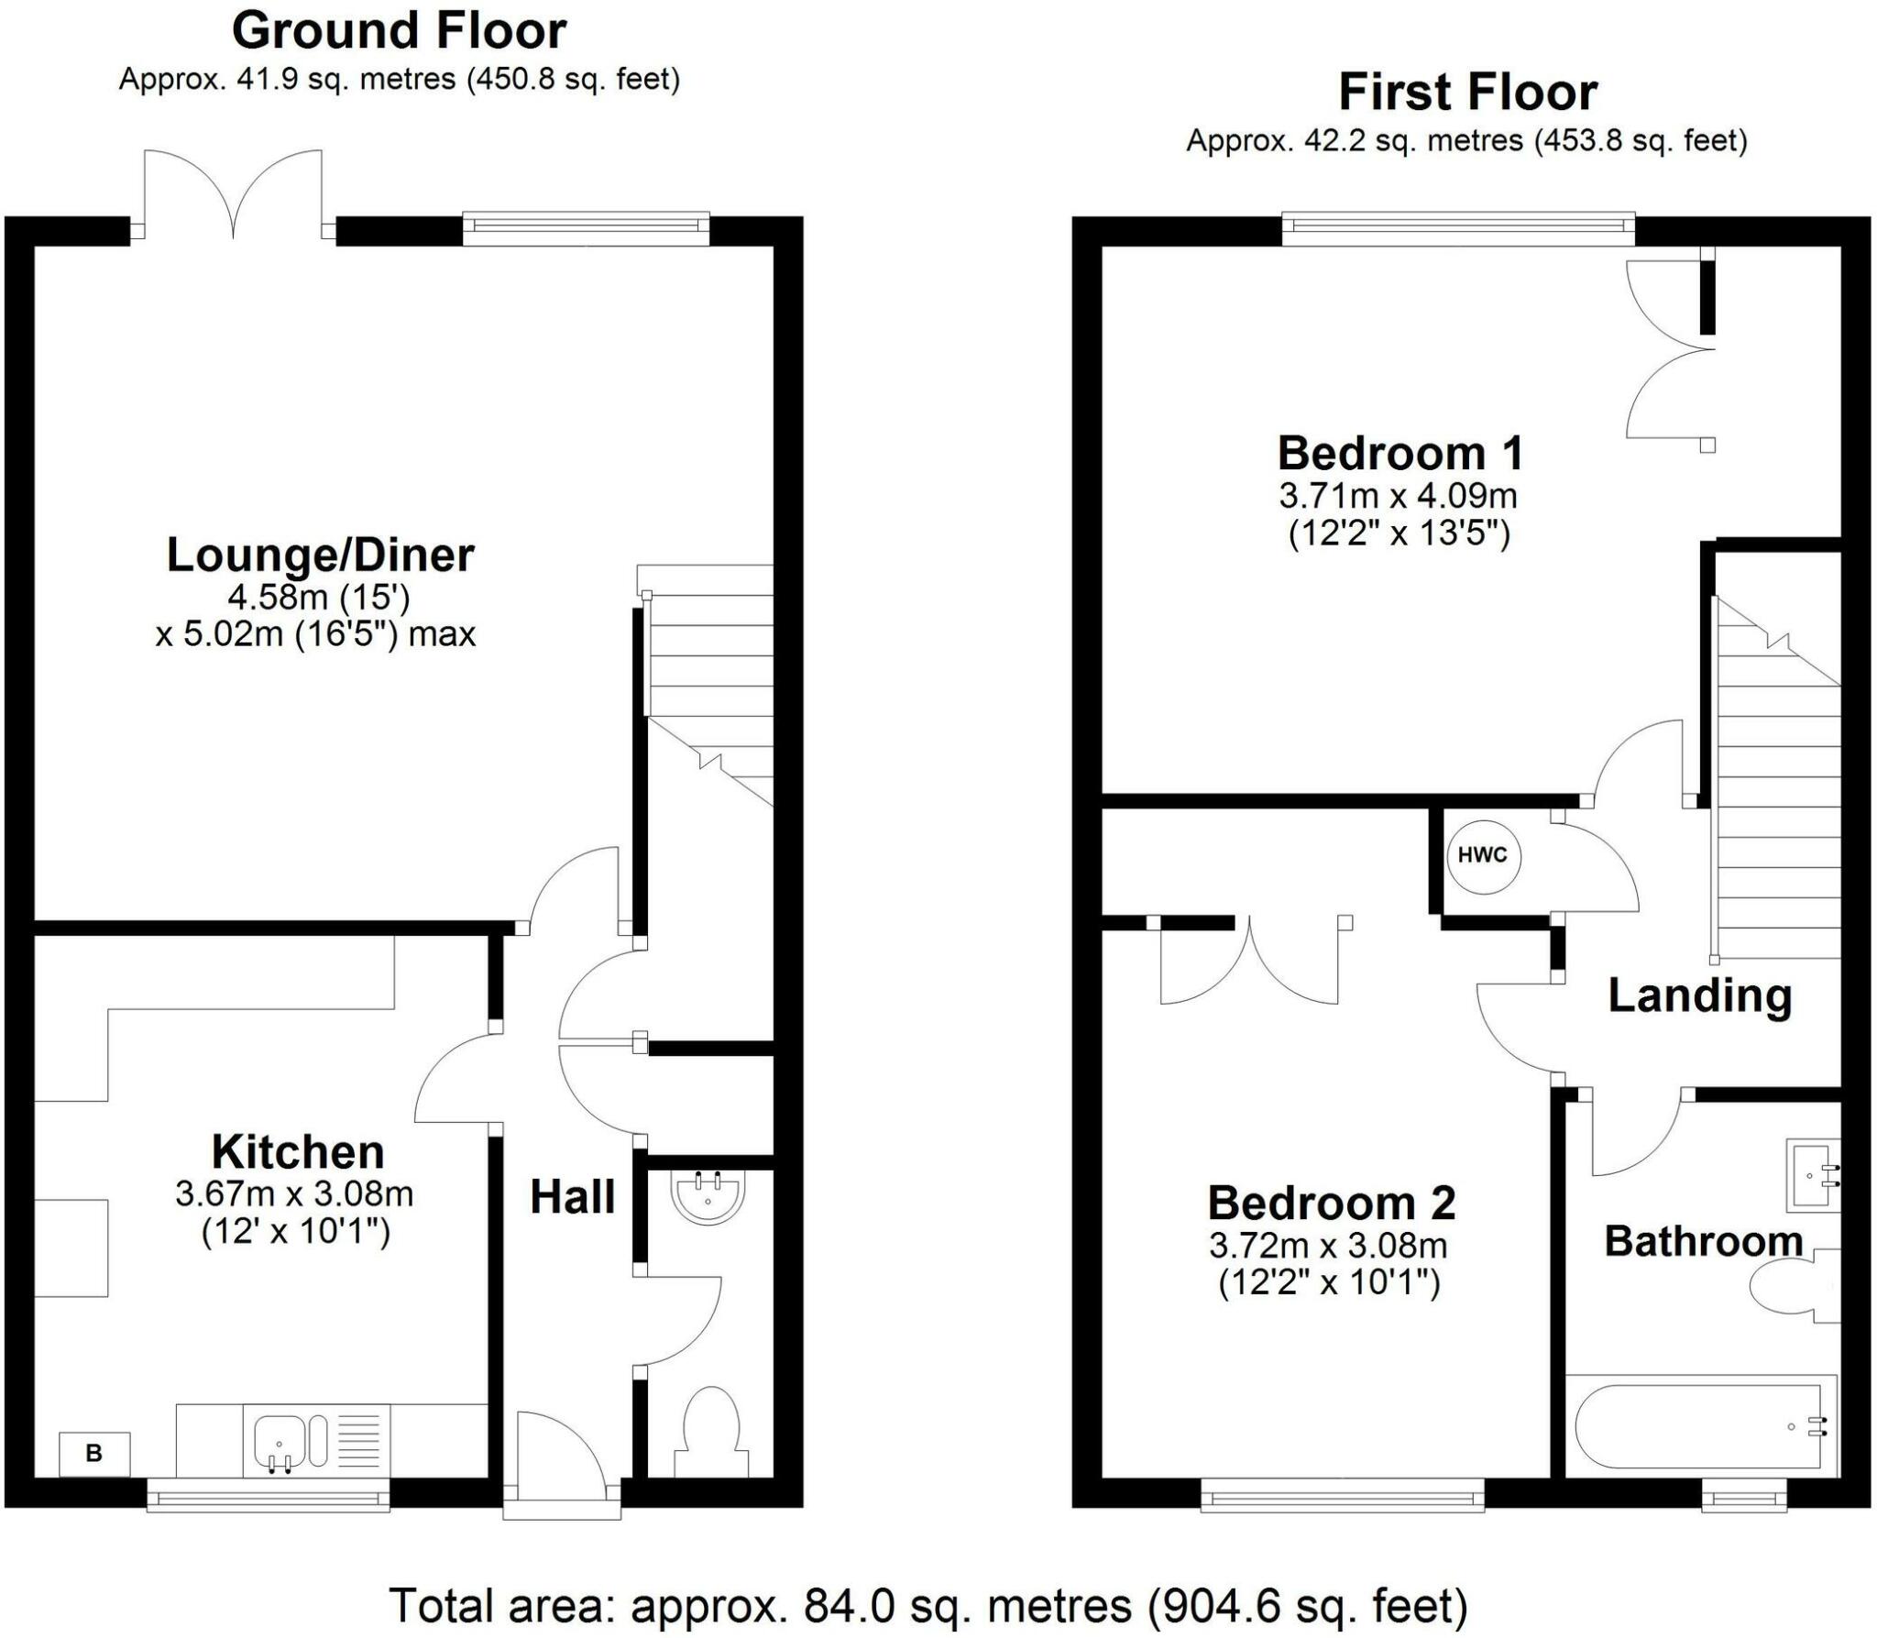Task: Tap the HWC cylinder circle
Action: [x=1482, y=856]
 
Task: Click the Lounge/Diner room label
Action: [x=320, y=555]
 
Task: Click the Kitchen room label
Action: [x=298, y=1152]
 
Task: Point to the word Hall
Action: [x=573, y=1197]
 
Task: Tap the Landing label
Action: [x=1700, y=997]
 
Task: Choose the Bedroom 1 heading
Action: [x=1400, y=453]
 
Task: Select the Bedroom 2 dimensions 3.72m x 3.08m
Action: [x=1328, y=1246]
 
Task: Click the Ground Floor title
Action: [x=400, y=31]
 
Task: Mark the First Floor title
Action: [x=1468, y=93]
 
